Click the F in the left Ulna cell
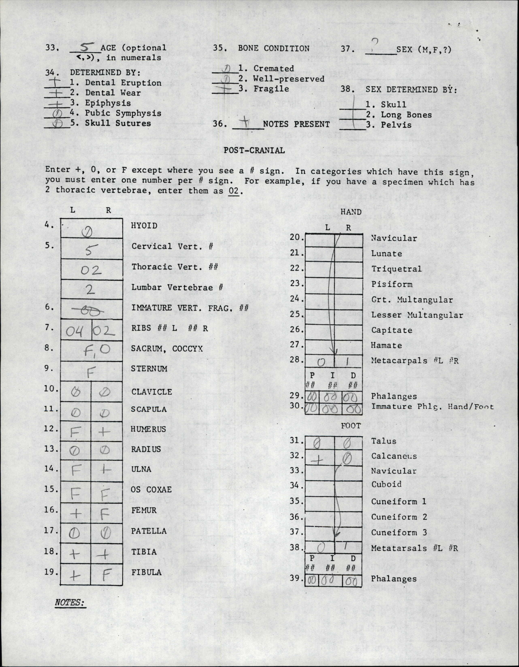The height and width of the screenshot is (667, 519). point(75,471)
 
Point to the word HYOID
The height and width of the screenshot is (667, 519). point(144,226)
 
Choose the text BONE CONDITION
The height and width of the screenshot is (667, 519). point(273,48)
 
